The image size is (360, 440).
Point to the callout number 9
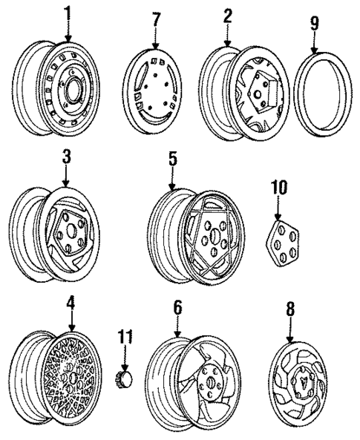tap(315, 24)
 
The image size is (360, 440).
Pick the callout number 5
tap(171, 160)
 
